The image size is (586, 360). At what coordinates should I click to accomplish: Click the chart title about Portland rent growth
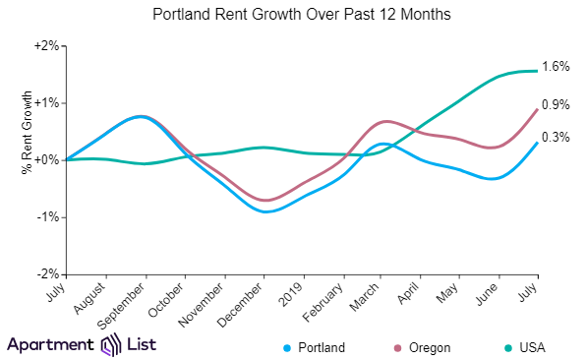pos(292,16)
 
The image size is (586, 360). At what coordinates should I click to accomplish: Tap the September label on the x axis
pos(126,301)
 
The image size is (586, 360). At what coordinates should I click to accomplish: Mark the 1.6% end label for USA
pos(556,67)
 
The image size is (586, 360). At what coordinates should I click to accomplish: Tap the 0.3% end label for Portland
pos(556,138)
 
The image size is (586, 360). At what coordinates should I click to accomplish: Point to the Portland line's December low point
pos(265,211)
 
